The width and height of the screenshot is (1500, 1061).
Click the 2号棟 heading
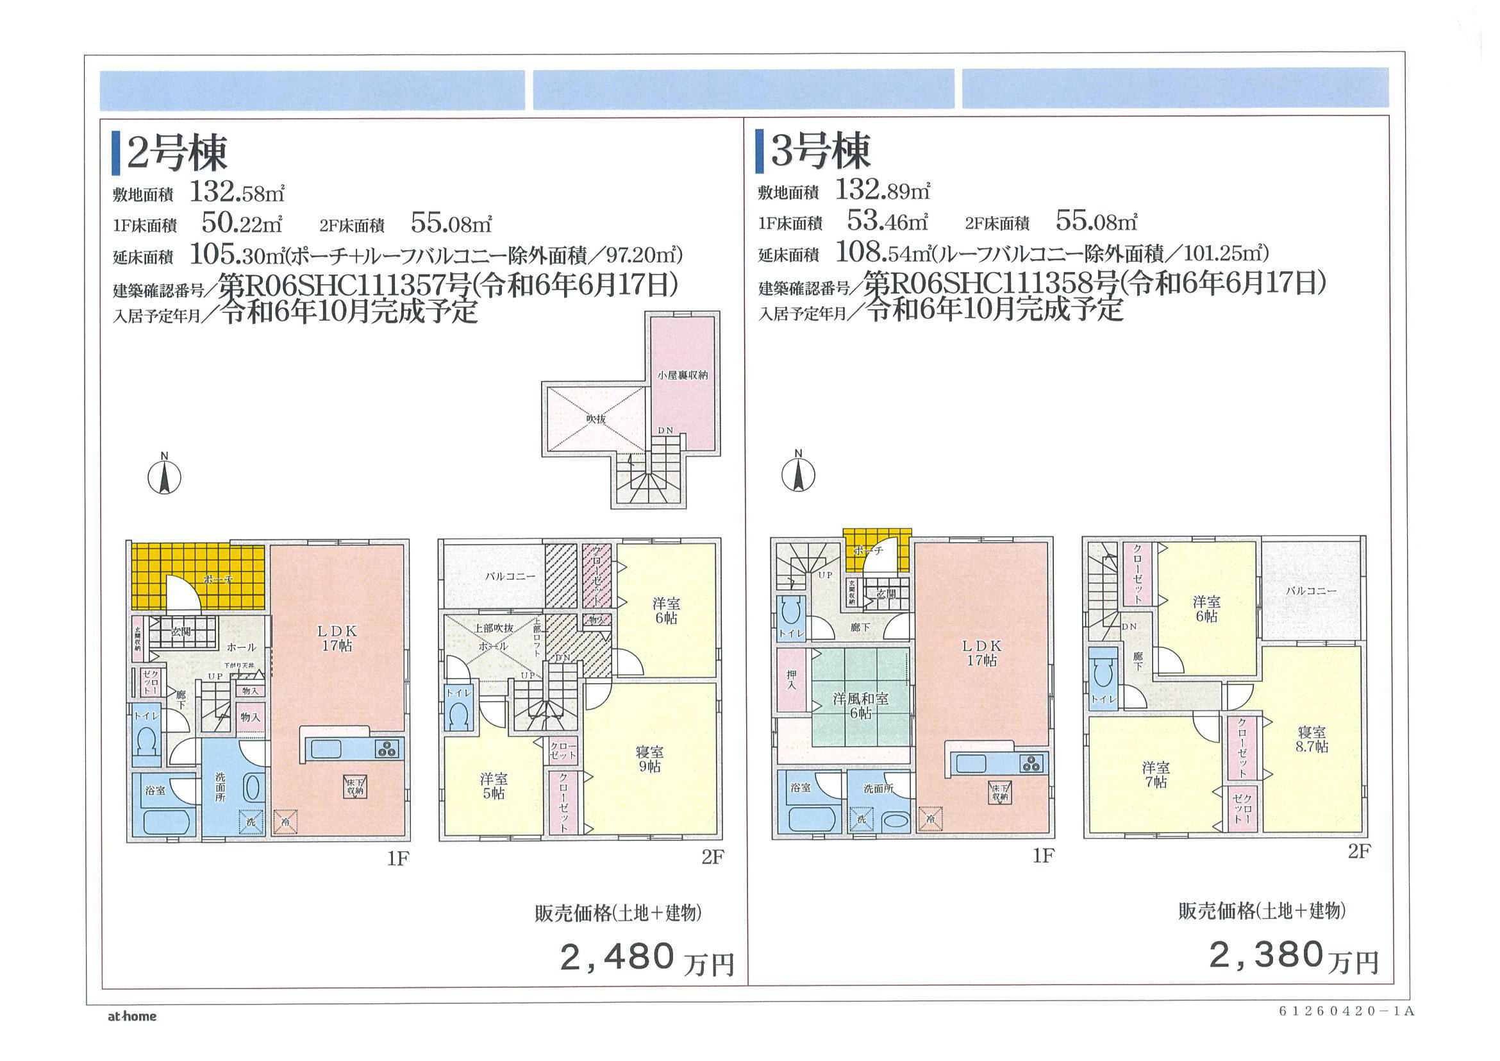tap(176, 153)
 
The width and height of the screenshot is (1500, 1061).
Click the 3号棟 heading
tap(821, 151)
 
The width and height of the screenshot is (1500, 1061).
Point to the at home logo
tap(132, 1017)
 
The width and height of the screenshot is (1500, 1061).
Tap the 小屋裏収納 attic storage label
tap(682, 375)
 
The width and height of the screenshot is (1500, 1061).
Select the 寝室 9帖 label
tap(649, 759)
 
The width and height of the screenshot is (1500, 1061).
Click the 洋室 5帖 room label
tap(493, 786)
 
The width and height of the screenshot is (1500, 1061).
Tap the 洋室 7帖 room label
tap(1156, 774)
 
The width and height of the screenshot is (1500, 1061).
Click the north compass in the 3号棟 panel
tap(797, 474)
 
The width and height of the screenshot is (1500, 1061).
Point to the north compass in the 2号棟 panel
tap(165, 477)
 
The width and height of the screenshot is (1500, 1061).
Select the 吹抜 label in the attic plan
tap(596, 419)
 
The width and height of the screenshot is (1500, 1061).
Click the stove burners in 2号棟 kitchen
tap(387, 749)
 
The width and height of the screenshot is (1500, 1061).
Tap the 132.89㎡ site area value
tap(883, 191)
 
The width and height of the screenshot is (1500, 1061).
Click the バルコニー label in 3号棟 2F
tap(1311, 591)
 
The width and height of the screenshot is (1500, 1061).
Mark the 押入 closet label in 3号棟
tap(791, 681)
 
